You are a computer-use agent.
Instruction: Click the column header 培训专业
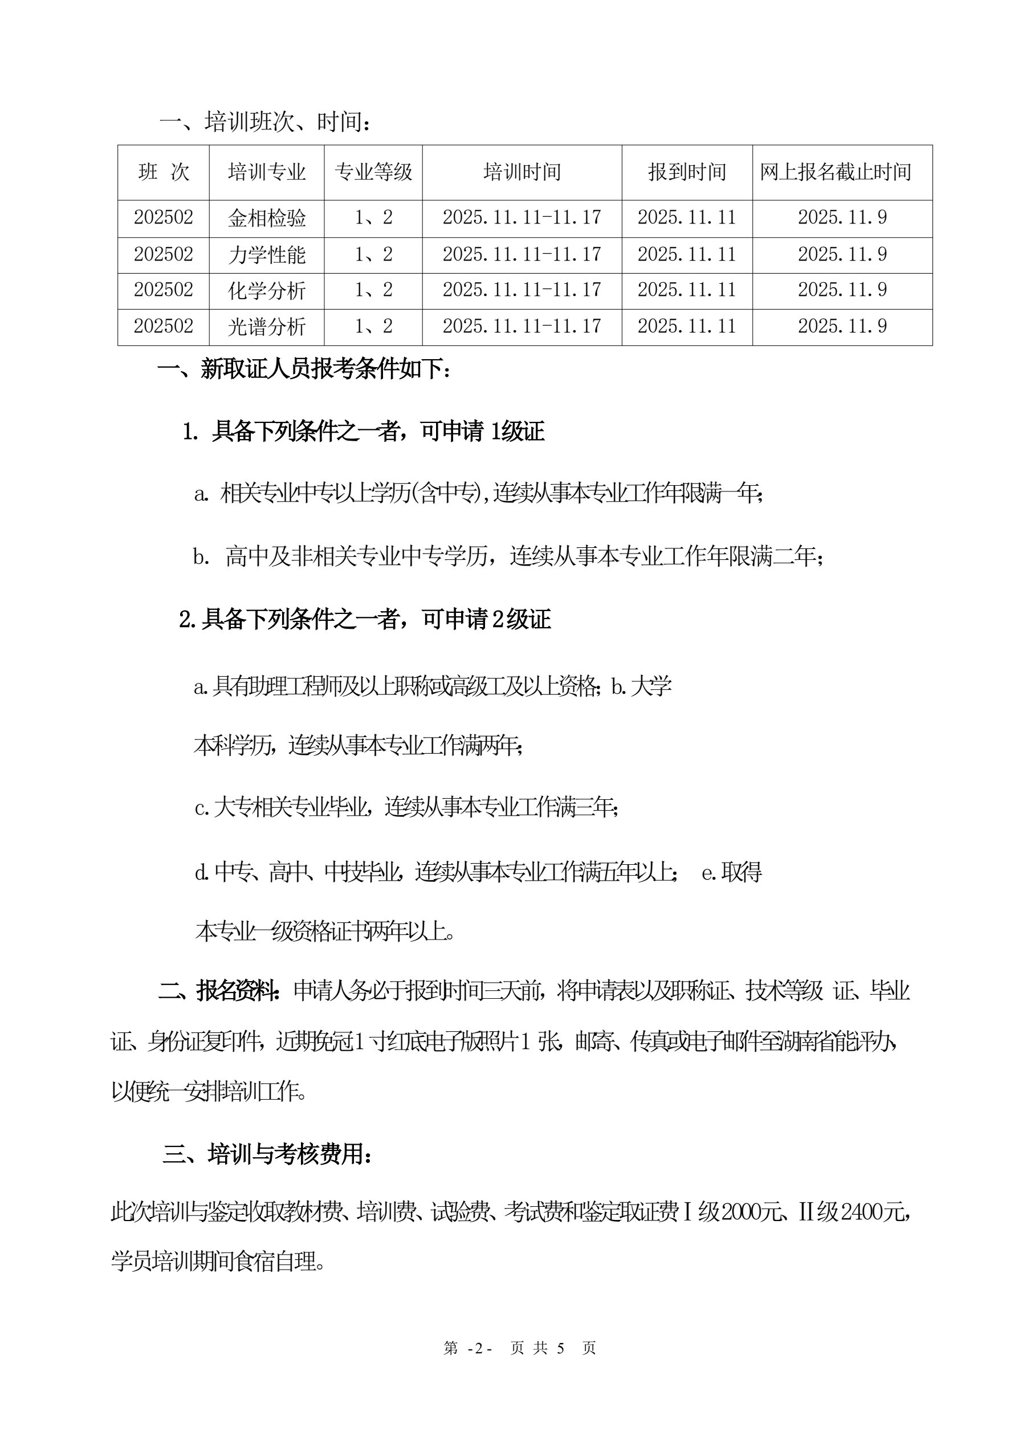click(x=267, y=172)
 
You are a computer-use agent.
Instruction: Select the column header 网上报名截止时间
click(x=836, y=172)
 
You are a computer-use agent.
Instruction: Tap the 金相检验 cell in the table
click(x=267, y=218)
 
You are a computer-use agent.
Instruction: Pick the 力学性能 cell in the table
click(x=267, y=254)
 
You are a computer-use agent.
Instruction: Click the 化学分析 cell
click(x=267, y=290)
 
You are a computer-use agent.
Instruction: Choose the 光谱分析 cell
click(x=267, y=326)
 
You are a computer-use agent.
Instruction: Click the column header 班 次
click(x=163, y=172)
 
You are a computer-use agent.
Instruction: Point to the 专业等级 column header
click(x=373, y=172)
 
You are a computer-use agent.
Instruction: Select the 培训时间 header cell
click(x=522, y=172)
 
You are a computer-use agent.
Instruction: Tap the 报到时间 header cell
click(x=687, y=172)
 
